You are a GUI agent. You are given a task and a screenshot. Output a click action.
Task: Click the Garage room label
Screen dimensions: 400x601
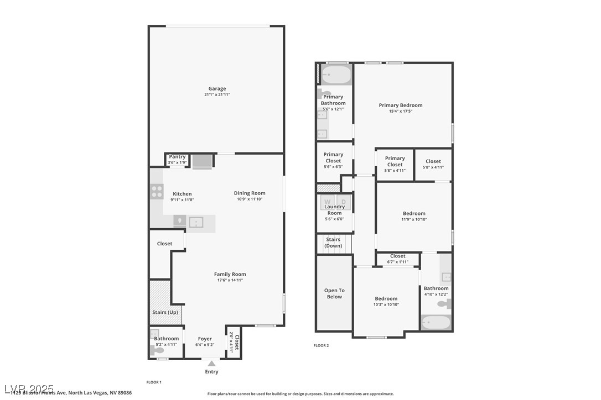coord(217,88)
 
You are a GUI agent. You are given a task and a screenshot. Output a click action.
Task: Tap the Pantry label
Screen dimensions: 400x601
coord(177,157)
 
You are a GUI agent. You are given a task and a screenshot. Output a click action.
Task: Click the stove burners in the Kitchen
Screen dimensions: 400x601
coord(157,192)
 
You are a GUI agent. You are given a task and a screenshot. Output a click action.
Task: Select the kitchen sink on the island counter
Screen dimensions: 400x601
coord(196,222)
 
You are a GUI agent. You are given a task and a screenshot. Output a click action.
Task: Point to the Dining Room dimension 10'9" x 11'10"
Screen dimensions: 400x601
coord(250,199)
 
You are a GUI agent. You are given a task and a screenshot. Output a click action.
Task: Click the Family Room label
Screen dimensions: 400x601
coord(230,274)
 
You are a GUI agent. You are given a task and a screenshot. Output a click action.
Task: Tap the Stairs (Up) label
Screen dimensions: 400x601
coord(164,312)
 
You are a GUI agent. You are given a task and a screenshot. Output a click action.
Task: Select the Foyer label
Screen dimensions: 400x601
coord(205,339)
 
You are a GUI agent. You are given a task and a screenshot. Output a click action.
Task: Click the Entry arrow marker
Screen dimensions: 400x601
coord(211,364)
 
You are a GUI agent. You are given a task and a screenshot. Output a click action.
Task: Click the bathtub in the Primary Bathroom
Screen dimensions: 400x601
coord(336,75)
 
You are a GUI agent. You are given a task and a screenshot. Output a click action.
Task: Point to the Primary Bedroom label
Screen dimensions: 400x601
coord(401,105)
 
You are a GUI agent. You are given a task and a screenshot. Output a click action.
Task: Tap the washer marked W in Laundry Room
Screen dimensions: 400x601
coord(327,202)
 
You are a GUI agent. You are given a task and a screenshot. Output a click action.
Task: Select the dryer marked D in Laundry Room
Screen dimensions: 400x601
coord(343,202)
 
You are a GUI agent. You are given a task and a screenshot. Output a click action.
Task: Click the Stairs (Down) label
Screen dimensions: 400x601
coord(333,243)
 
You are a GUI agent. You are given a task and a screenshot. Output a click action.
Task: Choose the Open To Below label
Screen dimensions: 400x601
coord(334,293)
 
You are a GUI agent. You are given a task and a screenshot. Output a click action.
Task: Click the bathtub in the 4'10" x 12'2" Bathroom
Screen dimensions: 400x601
coord(436,322)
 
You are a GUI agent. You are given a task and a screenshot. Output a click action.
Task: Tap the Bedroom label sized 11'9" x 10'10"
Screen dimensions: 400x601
coord(414,213)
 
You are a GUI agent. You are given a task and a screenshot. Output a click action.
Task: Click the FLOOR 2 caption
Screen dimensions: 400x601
coord(321,345)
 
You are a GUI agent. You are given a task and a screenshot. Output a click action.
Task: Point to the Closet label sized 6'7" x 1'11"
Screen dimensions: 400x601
coord(397,256)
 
